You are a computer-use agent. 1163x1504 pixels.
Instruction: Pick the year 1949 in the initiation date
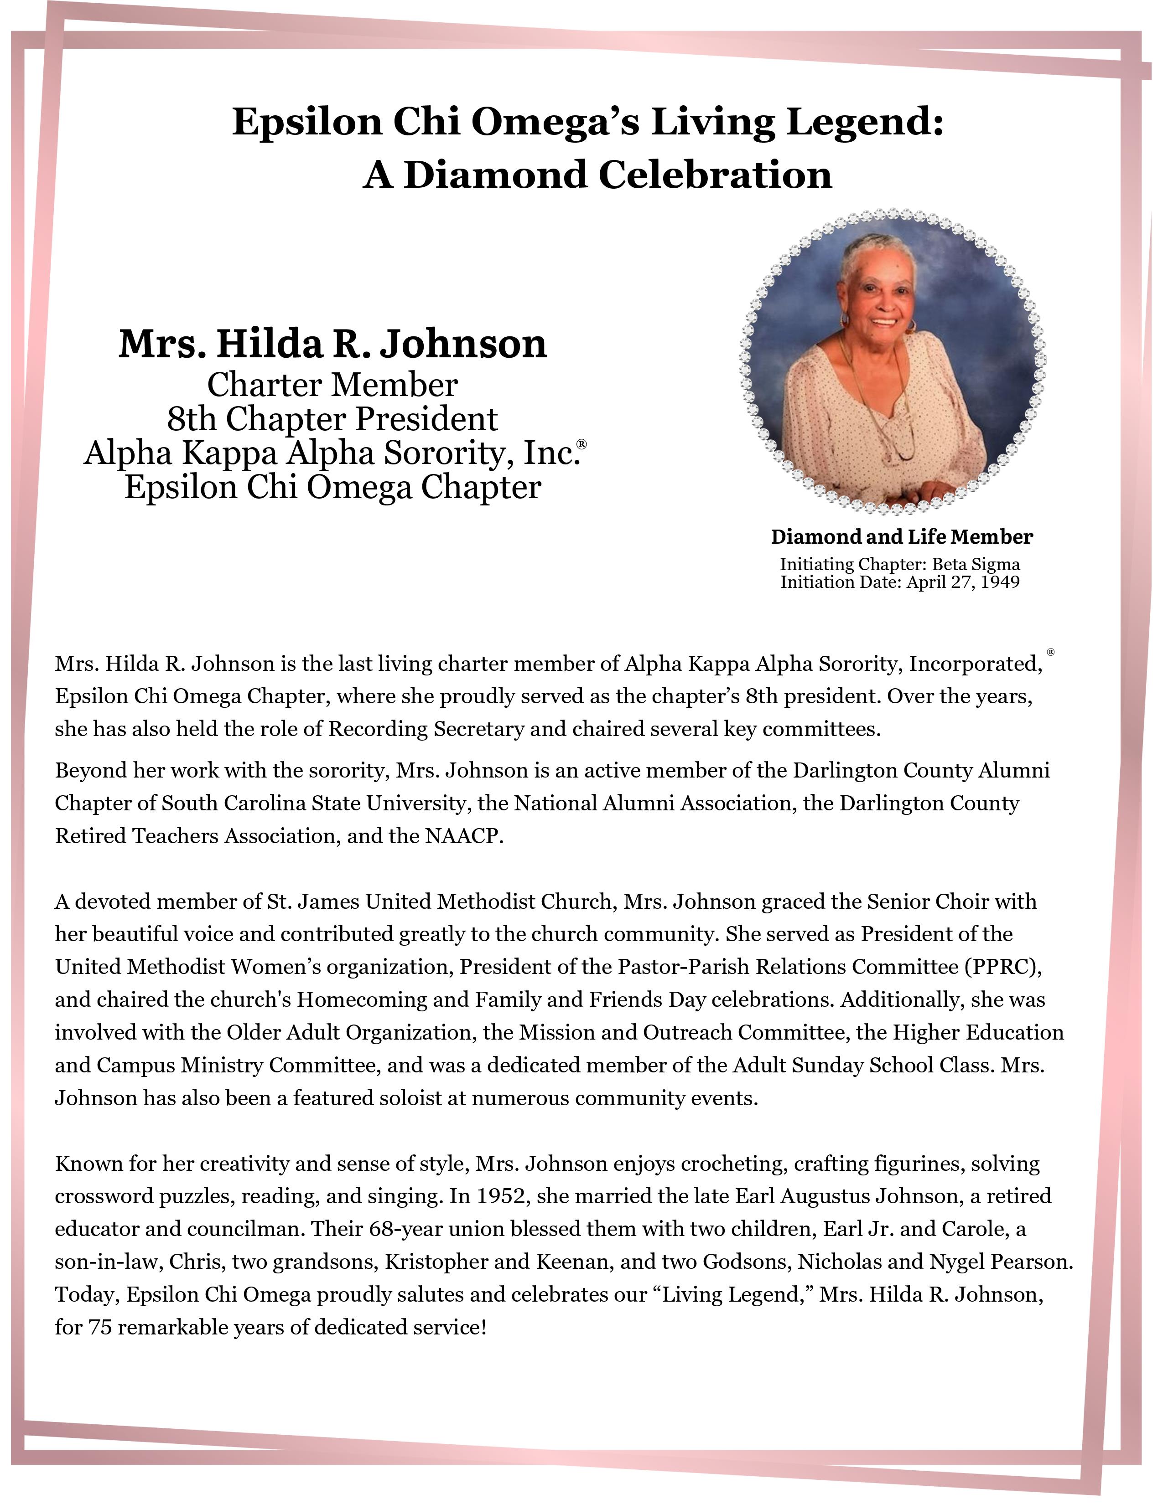(1000, 582)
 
